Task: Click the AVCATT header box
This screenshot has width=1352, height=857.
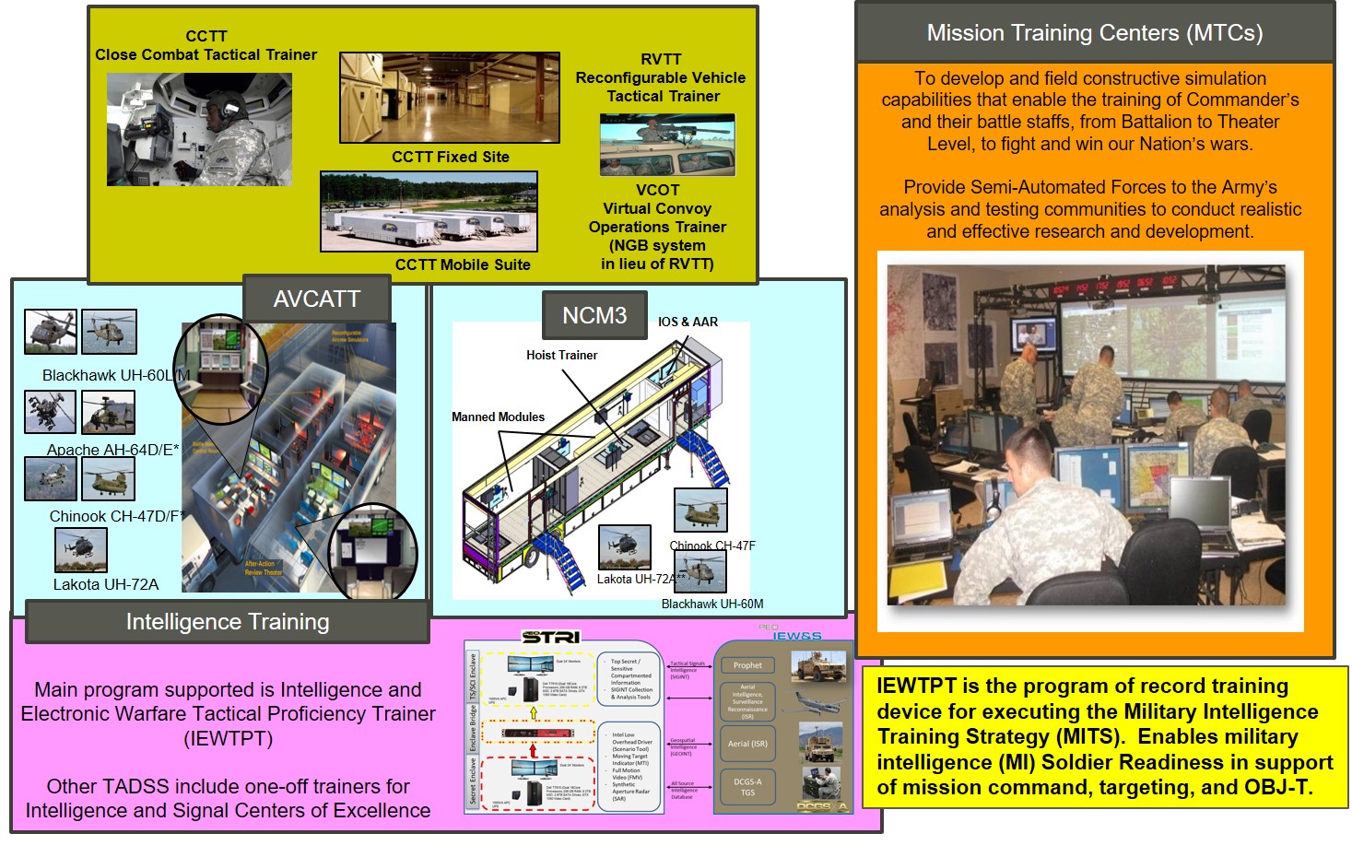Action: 316,299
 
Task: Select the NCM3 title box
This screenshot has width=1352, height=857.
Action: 594,316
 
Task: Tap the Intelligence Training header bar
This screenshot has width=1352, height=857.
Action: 227,622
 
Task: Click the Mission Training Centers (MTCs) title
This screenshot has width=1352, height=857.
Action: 1094,33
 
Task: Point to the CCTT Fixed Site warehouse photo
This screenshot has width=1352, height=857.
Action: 449,98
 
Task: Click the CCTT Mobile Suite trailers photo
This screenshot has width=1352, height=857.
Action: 429,211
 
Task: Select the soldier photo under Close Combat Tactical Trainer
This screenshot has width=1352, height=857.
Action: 199,130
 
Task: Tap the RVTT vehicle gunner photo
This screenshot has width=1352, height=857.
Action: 667,145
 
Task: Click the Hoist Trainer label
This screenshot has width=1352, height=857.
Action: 561,355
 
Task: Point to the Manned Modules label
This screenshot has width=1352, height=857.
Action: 498,417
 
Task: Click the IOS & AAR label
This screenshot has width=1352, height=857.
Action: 688,322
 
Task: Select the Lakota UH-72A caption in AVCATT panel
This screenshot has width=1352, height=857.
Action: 105,584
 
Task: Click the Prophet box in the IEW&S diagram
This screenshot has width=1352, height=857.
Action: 747,665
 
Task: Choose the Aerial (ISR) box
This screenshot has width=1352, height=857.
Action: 747,744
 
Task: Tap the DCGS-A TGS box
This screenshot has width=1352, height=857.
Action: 747,787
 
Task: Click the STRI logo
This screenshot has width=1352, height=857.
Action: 550,637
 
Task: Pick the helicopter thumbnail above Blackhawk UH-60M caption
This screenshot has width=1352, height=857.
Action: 700,571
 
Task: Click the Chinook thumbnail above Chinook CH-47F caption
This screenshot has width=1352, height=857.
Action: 700,510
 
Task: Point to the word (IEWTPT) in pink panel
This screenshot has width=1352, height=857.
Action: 228,738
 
